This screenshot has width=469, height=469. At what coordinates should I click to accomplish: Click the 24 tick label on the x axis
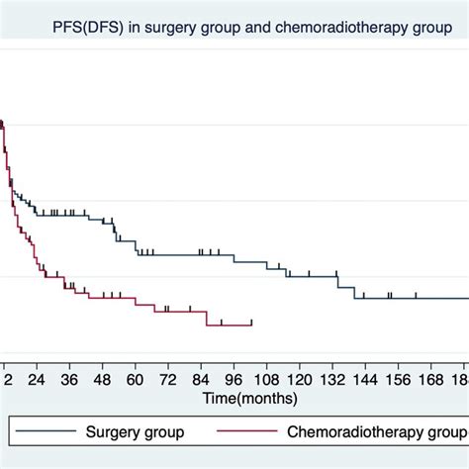tap(37, 379)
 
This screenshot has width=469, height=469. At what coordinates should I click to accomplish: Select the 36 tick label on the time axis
tap(69, 379)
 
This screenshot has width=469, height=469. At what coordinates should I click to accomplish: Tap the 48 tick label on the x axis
tap(102, 379)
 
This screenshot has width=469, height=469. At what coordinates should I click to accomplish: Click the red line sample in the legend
tap(248, 431)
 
